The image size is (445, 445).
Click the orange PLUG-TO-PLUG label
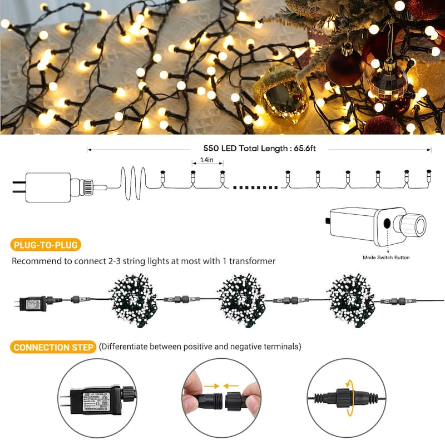[x=46, y=245]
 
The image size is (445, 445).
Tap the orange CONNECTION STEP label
[x=53, y=347]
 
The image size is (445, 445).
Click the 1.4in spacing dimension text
[x=204, y=160]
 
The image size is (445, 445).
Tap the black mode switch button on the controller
[x=386, y=225]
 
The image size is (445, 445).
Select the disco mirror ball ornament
[x=389, y=83]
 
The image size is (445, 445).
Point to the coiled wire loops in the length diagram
[x=133, y=184]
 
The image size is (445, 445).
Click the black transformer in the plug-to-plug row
[x=32, y=304]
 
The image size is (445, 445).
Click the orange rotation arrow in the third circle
[x=350, y=398]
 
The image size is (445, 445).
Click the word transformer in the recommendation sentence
[x=250, y=261]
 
